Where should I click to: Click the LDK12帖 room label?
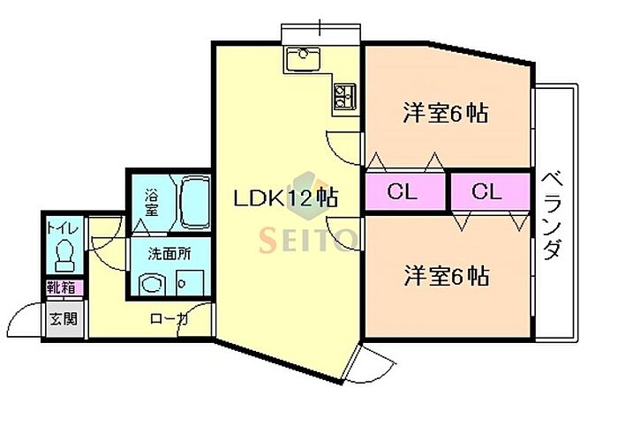coord(286,198)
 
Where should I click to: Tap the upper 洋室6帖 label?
coord(446,113)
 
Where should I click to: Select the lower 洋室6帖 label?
coord(447,275)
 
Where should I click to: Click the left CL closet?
coord(404,191)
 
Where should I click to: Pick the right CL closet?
coord(490,191)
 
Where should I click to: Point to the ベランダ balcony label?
coord(551,215)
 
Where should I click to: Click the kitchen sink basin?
coord(303,58)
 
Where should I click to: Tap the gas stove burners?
coord(345,96)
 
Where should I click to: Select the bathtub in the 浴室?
coord(195,202)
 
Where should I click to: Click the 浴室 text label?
coord(152,202)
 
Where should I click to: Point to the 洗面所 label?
coord(170,254)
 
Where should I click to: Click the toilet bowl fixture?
coord(64,256)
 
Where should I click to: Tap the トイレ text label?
coord(63,228)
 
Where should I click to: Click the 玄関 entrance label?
coord(64,318)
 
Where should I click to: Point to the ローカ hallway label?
coord(169,319)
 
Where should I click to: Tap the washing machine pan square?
coord(190,282)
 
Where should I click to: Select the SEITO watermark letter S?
coord(268,240)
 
